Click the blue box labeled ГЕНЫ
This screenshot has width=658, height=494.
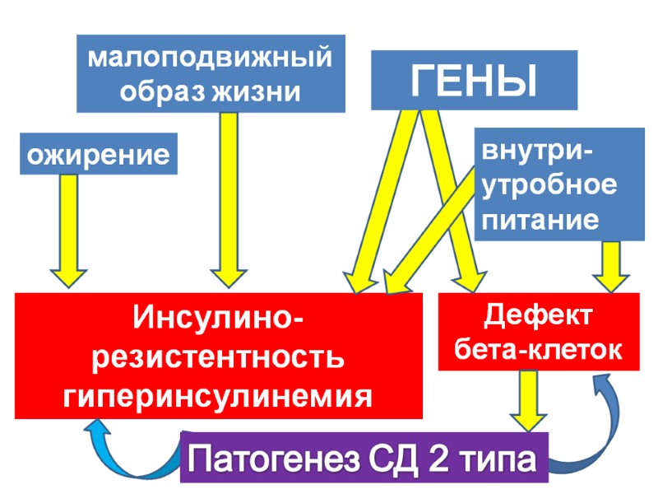pos(474,80)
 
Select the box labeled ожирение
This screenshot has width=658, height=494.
pos(98,154)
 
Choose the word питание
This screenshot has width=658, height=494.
pos(540,219)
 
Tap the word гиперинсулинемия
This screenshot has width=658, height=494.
pos(219,397)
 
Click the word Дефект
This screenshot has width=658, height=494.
pos(539,315)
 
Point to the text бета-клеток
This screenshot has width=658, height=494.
pos(539,350)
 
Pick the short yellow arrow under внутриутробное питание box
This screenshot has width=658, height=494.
pos(611,265)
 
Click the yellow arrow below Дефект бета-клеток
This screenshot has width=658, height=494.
pos(526,399)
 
